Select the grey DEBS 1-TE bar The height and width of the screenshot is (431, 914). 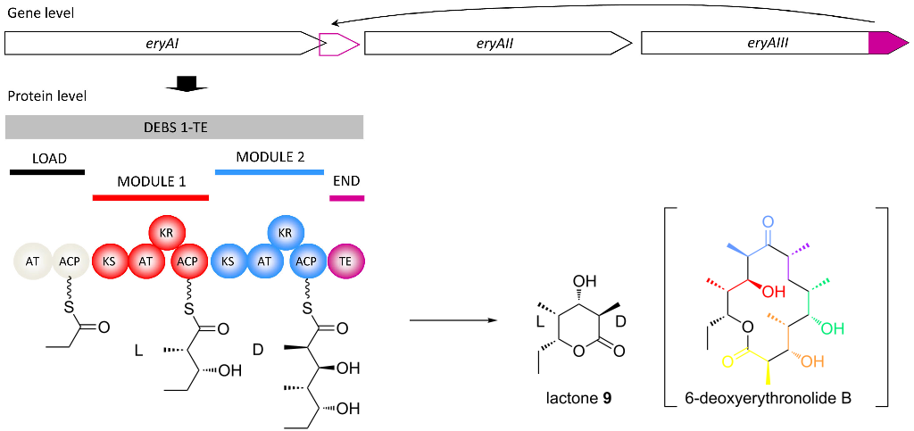point(184,127)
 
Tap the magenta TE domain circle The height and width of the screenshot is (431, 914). point(346,261)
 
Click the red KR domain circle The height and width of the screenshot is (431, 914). point(166,233)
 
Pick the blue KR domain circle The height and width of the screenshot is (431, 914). point(286,233)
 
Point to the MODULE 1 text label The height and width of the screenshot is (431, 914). point(151,181)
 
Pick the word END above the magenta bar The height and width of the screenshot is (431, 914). point(345,181)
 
